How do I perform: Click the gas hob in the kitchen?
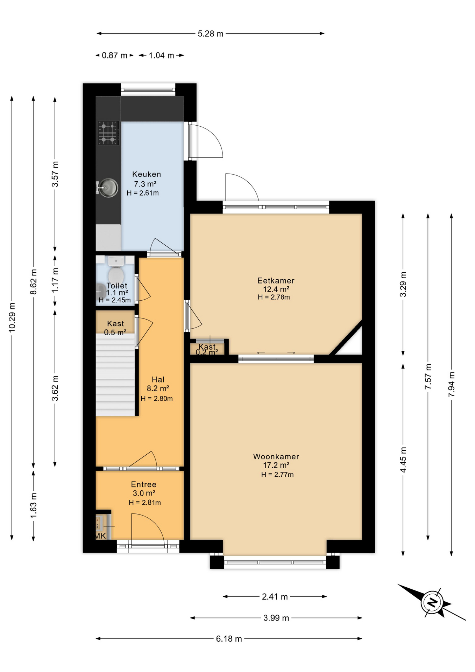click(108, 133)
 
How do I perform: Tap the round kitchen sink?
click(108, 188)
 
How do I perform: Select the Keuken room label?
click(147, 174)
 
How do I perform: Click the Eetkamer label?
click(276, 280)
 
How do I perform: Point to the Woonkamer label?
click(276, 456)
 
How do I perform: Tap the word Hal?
click(158, 379)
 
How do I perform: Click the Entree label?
click(144, 484)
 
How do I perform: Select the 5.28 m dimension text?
click(211, 34)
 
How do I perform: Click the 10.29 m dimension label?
click(12, 317)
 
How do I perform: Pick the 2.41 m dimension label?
click(275, 596)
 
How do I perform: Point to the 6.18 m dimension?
click(229, 638)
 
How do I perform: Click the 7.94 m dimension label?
click(452, 384)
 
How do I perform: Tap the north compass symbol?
click(432, 603)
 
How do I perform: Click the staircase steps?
click(115, 374)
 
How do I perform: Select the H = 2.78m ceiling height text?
click(274, 297)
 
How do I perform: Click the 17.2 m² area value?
click(276, 465)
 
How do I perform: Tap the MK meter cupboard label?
click(100, 536)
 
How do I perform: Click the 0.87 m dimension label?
click(115, 55)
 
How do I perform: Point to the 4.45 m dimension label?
click(403, 460)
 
